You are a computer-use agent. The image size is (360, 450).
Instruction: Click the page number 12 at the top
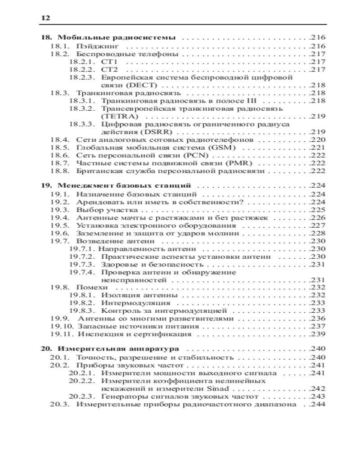45,18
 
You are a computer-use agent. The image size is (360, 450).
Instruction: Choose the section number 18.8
59,171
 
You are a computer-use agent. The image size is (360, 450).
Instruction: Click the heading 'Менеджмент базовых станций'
126,186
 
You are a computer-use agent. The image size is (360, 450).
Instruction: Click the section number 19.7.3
82,264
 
